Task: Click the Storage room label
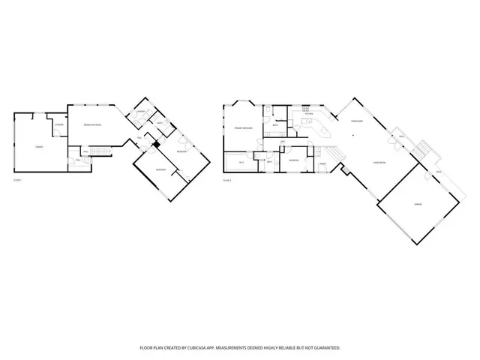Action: (x=58, y=124)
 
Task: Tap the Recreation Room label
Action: (x=93, y=124)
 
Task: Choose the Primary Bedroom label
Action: (x=242, y=129)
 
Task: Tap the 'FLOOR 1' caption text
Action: (x=18, y=181)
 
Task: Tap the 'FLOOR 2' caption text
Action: (x=226, y=181)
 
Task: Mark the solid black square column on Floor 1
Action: (x=155, y=144)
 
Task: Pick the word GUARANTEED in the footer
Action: (x=326, y=348)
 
